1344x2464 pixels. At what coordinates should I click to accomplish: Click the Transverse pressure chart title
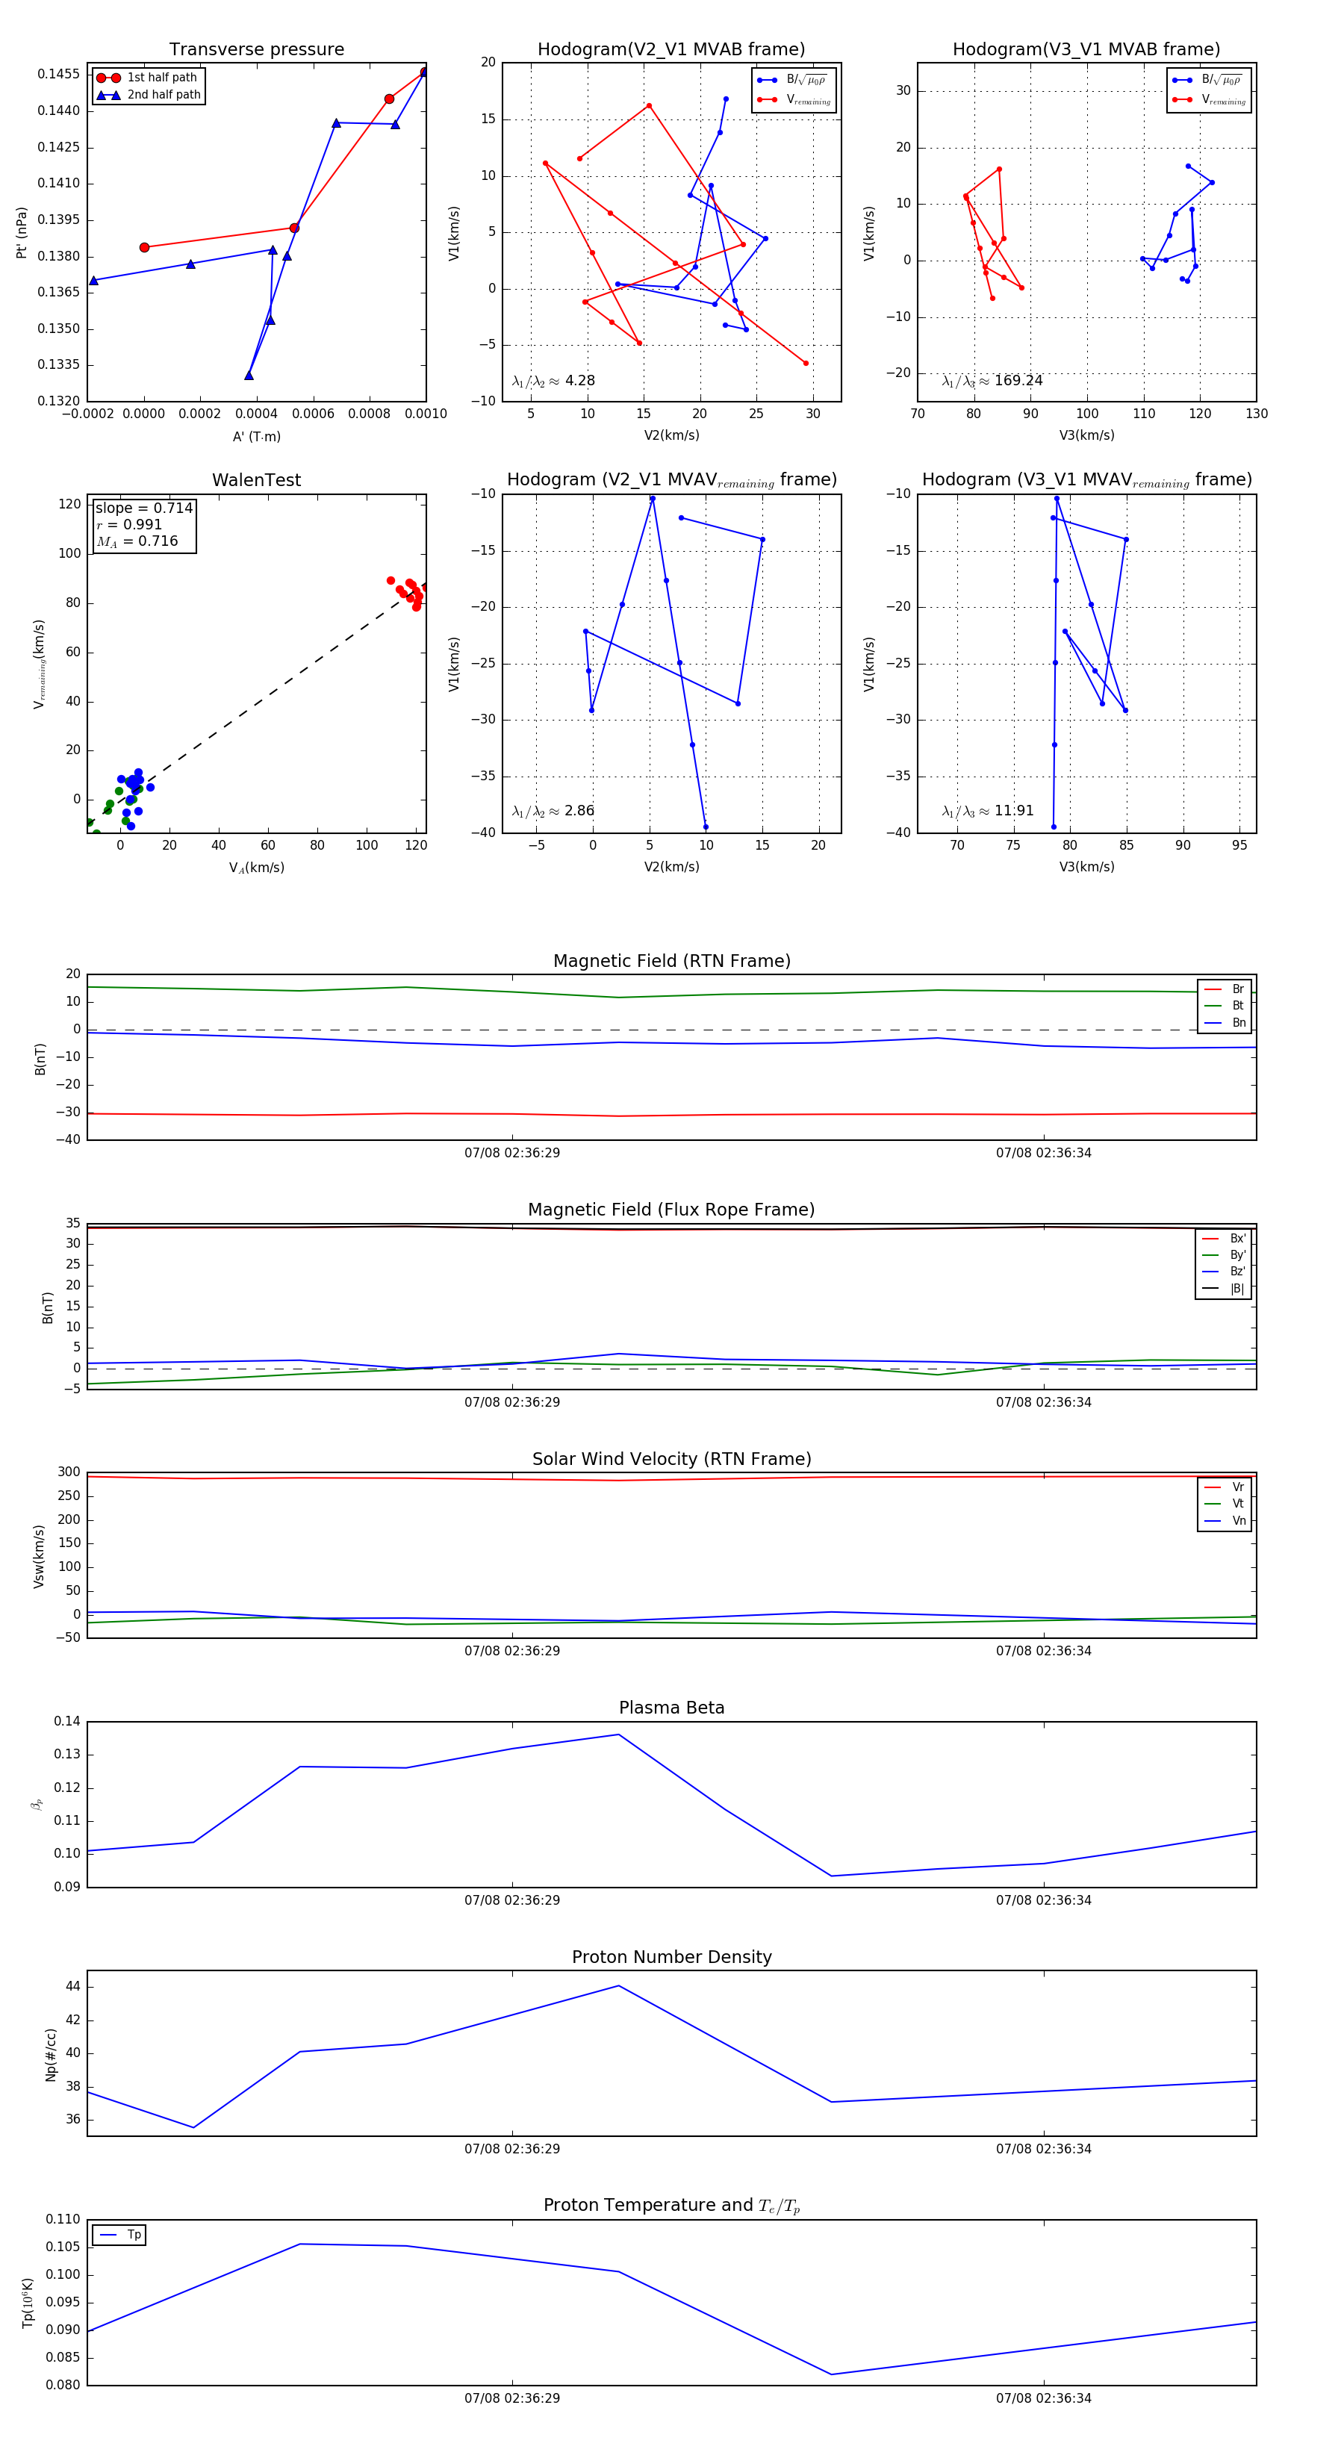256,50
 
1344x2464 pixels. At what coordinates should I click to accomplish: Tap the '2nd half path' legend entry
164,95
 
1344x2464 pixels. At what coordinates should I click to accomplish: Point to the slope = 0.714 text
143,508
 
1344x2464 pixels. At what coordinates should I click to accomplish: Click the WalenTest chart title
256,480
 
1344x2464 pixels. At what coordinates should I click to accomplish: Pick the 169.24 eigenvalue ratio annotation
1018,381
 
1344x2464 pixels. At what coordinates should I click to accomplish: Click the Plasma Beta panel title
671,1708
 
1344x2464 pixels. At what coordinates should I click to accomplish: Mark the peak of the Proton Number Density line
618,1985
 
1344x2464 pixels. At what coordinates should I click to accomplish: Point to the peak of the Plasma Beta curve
618,1735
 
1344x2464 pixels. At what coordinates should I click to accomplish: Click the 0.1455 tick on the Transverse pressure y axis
58,75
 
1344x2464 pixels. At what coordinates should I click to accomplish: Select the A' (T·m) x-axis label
256,436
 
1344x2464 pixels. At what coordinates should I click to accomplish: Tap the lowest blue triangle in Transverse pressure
249,375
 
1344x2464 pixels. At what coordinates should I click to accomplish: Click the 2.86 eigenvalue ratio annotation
579,811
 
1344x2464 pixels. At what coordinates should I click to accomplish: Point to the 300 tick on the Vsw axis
69,1472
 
